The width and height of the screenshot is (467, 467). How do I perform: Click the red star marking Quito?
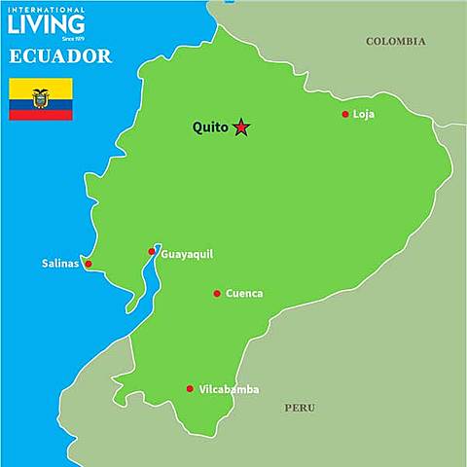click(241, 127)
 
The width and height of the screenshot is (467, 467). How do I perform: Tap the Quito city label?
click(210, 127)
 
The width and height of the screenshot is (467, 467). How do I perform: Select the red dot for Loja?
click(345, 114)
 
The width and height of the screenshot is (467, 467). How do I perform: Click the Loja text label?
click(363, 114)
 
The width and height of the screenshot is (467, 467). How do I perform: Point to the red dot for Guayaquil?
click(152, 252)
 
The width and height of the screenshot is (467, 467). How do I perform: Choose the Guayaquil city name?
click(186, 254)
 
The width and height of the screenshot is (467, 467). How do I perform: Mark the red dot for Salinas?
click(89, 264)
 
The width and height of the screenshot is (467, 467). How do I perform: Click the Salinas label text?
click(61, 264)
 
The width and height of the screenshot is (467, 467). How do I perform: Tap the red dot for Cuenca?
click(217, 293)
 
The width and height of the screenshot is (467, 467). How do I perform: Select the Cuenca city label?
click(244, 293)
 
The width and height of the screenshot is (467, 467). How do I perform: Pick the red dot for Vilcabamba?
click(190, 389)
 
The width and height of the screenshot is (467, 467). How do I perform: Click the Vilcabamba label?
click(229, 389)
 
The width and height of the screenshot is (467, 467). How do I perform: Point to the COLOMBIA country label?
click(396, 41)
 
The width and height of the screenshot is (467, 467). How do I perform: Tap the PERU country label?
click(300, 408)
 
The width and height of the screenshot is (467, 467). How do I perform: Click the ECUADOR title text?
click(60, 56)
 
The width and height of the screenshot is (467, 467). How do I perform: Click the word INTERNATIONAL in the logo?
click(46, 10)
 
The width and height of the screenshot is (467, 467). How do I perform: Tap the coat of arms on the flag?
click(41, 97)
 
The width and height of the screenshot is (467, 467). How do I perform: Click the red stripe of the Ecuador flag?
click(41, 115)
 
